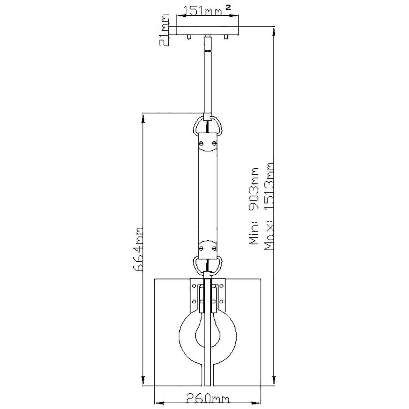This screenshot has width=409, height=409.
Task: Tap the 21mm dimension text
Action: click(164, 30)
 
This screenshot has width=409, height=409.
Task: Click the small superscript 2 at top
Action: click(228, 7)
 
